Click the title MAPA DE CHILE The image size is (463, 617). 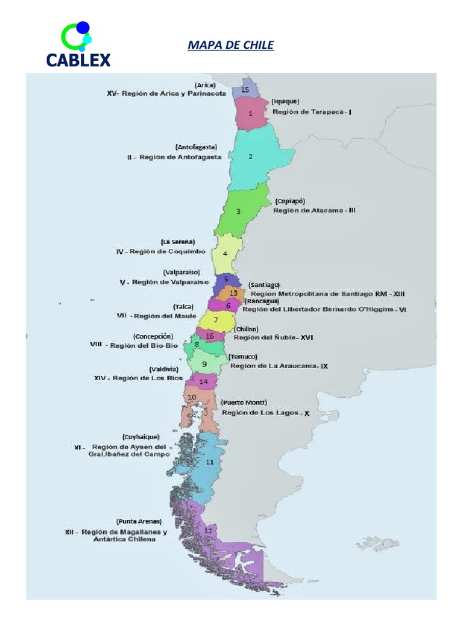[x=231, y=45]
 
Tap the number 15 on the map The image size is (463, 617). [x=245, y=90]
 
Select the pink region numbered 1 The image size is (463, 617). [x=251, y=113]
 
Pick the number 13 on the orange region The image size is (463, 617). [x=233, y=293]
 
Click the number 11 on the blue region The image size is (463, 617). [x=209, y=462]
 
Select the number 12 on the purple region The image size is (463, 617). [x=208, y=531]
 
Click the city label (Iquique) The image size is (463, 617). [x=285, y=101]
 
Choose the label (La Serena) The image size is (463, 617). [x=178, y=242]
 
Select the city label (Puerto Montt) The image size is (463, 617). [x=244, y=402]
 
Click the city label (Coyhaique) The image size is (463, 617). [x=140, y=436]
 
